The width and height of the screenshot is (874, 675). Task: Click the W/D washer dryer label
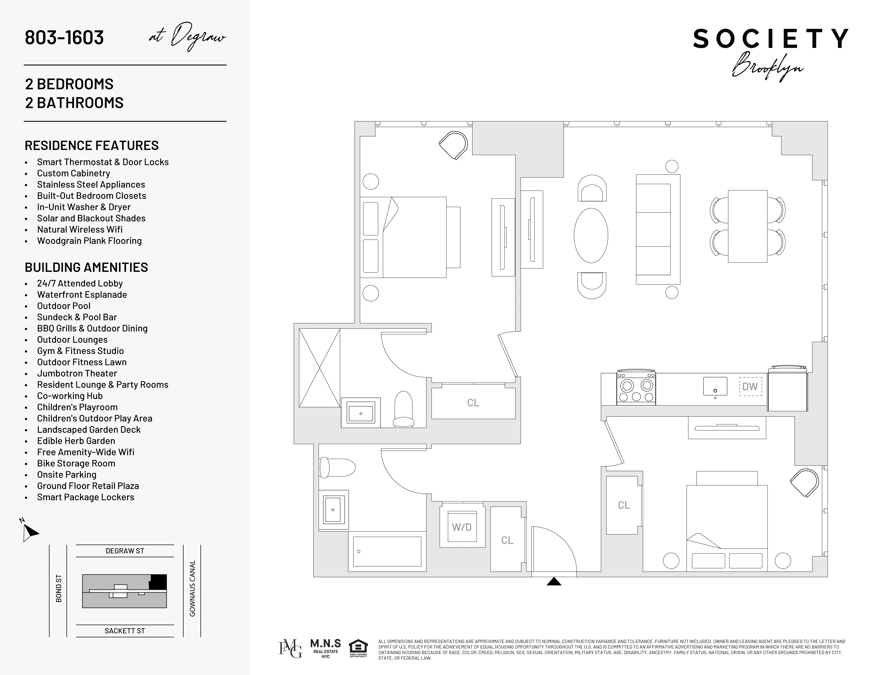pyautogui.click(x=462, y=527)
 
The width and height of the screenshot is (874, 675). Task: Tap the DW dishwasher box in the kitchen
pyautogui.click(x=750, y=387)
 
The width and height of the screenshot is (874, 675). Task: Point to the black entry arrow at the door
pyautogui.click(x=554, y=582)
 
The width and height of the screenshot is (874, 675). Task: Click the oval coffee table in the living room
pyautogui.click(x=591, y=236)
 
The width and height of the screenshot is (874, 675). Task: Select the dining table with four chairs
pyautogui.click(x=748, y=226)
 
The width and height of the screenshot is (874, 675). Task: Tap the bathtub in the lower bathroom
pyautogui.click(x=387, y=551)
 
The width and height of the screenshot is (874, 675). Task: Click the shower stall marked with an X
pyautogui.click(x=319, y=368)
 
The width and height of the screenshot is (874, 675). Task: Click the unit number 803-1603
pyautogui.click(x=64, y=38)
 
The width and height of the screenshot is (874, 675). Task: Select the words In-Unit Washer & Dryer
pyautogui.click(x=84, y=207)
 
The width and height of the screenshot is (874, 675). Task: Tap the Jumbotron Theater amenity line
pyautogui.click(x=77, y=373)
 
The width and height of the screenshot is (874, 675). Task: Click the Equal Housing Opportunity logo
pyautogui.click(x=358, y=649)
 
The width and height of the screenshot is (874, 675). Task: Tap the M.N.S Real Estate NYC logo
pyautogui.click(x=326, y=648)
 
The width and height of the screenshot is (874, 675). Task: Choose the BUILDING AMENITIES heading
pyautogui.click(x=86, y=268)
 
